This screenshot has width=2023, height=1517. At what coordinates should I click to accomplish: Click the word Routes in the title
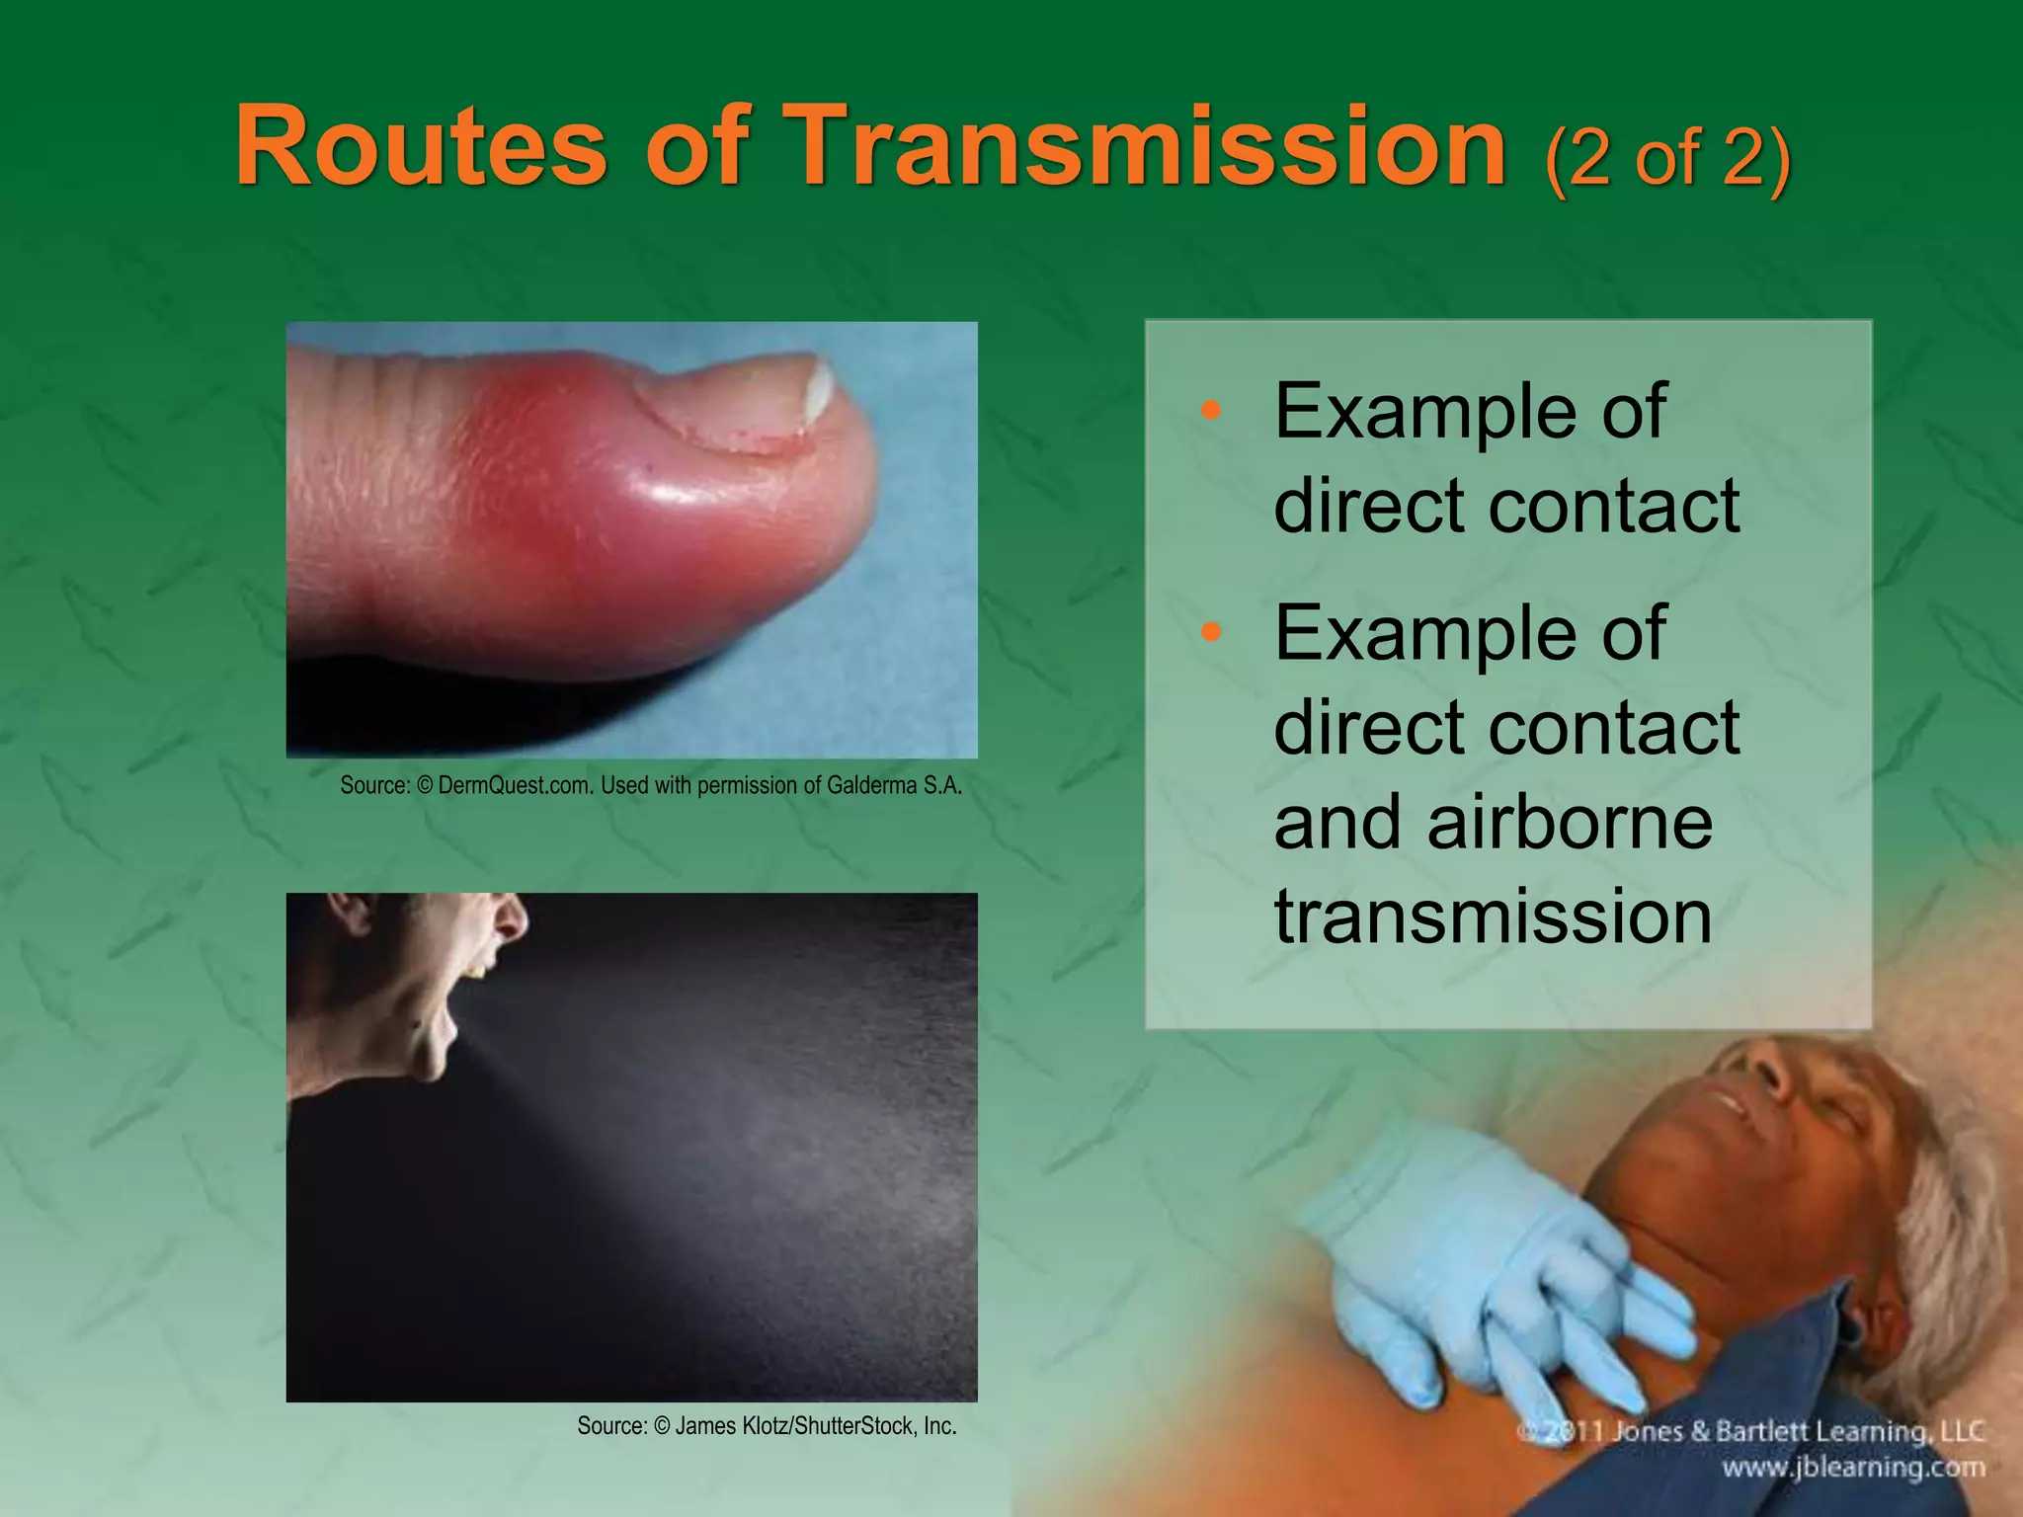tap(421, 148)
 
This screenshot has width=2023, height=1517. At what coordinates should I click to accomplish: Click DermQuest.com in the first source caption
tap(517, 786)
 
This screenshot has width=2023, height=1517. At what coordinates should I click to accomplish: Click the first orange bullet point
tap(1211, 411)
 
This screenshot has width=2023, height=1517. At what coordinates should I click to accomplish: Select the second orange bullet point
tap(1211, 632)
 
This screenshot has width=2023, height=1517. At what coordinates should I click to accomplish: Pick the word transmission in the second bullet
tap(1492, 917)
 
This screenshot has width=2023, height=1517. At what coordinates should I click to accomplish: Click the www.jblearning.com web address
tap(1853, 1468)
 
